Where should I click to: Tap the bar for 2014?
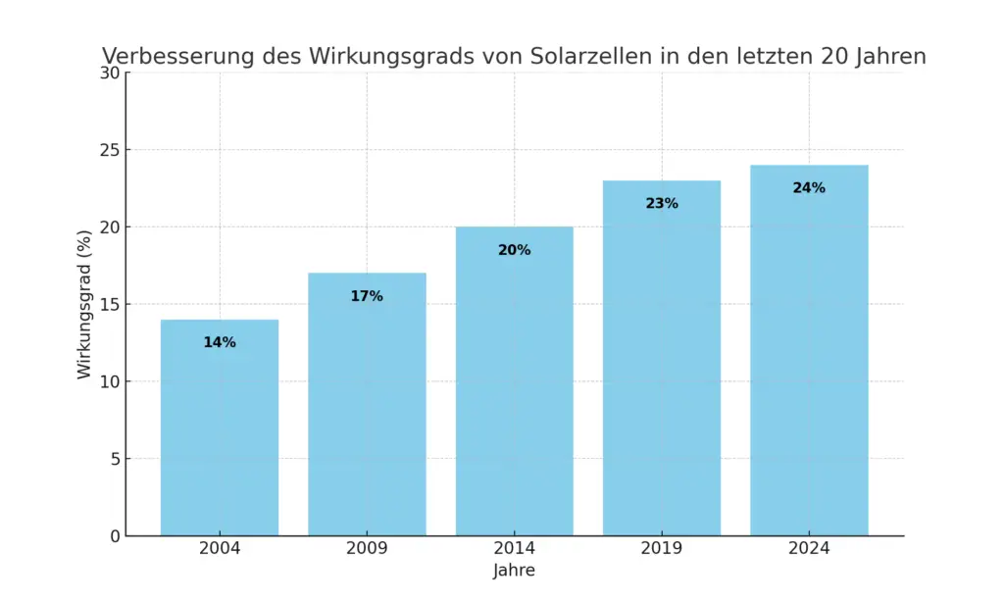pos(514,392)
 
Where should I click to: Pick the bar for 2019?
pos(662,373)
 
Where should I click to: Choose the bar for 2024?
pos(809,363)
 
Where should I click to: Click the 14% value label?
pos(220,342)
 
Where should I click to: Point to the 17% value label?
pos(367,296)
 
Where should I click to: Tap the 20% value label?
pos(514,250)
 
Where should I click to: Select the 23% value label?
pos(662,204)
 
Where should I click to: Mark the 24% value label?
pos(809,188)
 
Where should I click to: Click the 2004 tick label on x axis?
pos(220,549)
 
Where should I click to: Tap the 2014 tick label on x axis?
pos(514,549)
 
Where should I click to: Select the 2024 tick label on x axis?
pos(809,549)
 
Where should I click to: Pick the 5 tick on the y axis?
pos(113,459)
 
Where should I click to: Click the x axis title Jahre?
pos(514,571)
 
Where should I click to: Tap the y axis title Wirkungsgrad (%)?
pos(84,304)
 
